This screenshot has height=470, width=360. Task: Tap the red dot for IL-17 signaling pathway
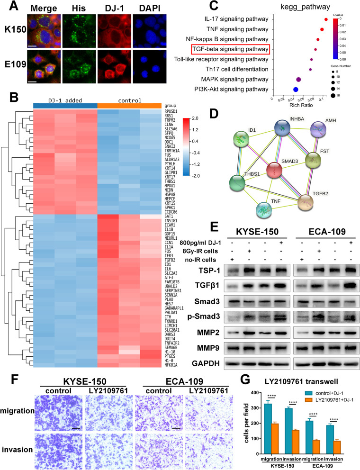click(x=326, y=19)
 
